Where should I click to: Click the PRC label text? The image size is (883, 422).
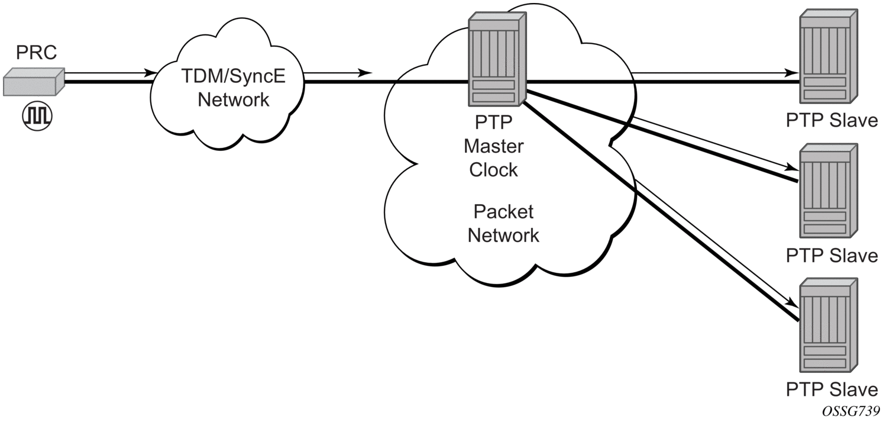(37, 53)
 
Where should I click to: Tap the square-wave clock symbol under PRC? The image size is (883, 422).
(37, 115)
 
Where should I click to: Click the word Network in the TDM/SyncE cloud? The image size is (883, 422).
(233, 99)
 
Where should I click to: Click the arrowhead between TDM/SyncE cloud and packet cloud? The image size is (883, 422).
(367, 73)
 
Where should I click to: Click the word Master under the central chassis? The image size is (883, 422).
(493, 146)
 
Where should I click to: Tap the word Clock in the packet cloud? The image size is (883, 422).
(493, 169)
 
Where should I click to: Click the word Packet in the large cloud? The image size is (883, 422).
(503, 211)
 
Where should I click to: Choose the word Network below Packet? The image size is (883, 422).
(503, 235)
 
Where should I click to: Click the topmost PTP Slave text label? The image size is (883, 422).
(832, 120)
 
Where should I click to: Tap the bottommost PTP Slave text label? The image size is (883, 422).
(832, 389)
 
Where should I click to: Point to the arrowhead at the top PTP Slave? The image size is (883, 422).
(791, 73)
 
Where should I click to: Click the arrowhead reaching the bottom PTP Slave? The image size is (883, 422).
(795, 303)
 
